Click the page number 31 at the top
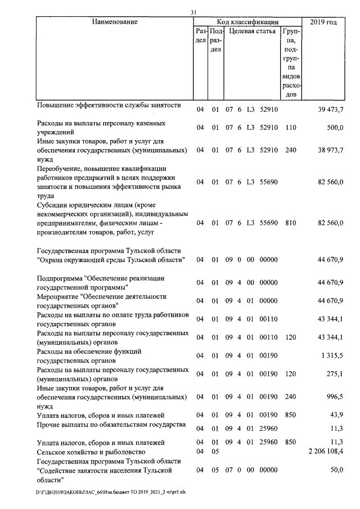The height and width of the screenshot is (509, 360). [193, 12]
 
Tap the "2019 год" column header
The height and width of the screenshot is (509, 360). [323, 22]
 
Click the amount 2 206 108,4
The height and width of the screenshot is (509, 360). [326, 452]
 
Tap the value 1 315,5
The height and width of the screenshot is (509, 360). [332, 355]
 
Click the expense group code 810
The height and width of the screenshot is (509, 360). [291, 223]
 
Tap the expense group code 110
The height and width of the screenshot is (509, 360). [291, 128]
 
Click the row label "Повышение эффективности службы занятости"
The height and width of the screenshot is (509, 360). [109, 105]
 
